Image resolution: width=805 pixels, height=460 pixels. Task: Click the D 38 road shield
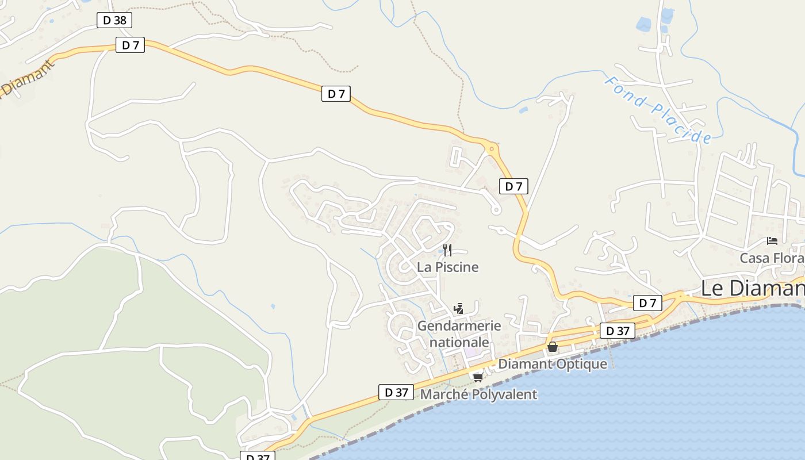click(114, 21)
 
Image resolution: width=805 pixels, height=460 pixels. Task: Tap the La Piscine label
click(447, 267)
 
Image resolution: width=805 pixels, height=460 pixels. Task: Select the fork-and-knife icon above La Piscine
click(447, 250)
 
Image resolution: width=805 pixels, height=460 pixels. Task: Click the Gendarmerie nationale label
click(459, 334)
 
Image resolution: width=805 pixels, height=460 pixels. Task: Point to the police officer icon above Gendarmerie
click(458, 309)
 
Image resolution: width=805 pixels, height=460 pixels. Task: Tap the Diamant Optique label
click(552, 364)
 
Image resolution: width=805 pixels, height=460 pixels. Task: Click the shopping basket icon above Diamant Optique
click(552, 347)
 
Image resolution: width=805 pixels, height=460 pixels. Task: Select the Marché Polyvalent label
click(478, 394)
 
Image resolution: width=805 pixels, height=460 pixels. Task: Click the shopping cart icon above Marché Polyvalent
click(478, 377)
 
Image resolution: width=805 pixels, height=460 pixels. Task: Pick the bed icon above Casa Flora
click(772, 241)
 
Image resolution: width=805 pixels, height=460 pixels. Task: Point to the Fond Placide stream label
click(658, 109)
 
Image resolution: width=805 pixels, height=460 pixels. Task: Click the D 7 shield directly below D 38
click(130, 45)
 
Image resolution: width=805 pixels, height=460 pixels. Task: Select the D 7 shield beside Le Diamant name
click(647, 302)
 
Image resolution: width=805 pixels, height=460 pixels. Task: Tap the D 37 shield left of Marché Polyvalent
click(396, 393)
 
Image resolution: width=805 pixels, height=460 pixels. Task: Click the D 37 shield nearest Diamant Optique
click(618, 331)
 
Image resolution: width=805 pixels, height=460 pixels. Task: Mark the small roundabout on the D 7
click(492, 149)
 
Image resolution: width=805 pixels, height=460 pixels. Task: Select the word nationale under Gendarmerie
click(459, 343)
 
